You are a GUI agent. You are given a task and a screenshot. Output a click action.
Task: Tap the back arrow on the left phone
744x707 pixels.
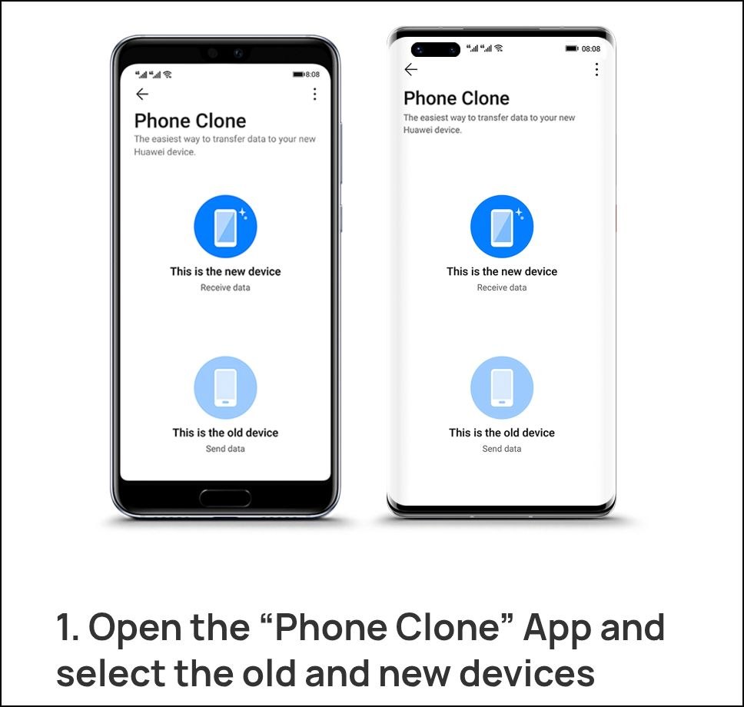(142, 94)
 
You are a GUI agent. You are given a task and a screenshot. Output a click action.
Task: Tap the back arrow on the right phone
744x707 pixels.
(411, 69)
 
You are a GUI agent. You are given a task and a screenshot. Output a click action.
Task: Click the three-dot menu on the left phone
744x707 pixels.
(314, 94)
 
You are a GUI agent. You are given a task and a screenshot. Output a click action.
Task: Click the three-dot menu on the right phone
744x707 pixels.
(596, 69)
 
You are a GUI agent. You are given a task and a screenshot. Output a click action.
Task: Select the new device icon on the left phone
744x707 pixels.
(225, 227)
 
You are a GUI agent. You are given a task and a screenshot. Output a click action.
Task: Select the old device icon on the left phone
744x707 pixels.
(225, 387)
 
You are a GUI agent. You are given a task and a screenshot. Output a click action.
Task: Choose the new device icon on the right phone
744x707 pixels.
(502, 227)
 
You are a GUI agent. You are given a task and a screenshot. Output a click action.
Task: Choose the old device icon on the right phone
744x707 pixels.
(502, 387)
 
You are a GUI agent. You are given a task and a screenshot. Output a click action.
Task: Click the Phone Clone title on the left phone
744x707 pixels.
(191, 121)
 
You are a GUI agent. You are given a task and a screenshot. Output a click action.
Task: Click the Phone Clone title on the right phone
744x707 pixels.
(457, 98)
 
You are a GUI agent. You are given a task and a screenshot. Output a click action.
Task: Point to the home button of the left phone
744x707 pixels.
(225, 498)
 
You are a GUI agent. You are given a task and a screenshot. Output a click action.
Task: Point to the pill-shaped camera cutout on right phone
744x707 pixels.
(436, 49)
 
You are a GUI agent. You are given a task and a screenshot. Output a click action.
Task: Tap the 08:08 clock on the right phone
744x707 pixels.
(591, 48)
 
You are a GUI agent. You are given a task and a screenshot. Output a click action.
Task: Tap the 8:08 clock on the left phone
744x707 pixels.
(312, 74)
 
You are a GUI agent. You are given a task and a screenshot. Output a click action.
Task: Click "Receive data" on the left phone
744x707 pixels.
(225, 287)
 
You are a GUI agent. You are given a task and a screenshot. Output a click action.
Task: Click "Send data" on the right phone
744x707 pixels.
(502, 449)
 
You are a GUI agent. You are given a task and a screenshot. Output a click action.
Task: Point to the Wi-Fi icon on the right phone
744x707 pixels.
(498, 48)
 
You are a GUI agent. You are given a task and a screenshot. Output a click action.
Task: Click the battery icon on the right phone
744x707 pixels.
(572, 48)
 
